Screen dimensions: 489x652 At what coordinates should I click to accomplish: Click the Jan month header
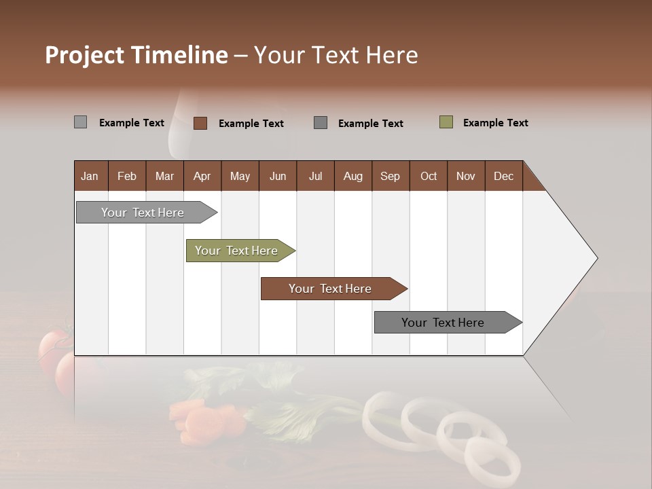pos(90,176)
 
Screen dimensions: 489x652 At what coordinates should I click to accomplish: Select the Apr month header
pos(202,176)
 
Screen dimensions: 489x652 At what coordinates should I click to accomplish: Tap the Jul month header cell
pos(315,176)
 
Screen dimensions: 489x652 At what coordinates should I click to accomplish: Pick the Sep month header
pos(391,176)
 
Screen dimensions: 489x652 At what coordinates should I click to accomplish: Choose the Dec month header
pos(503,176)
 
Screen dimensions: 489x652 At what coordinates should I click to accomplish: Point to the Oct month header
pos(429,176)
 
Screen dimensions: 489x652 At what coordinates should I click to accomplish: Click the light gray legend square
pos(81,122)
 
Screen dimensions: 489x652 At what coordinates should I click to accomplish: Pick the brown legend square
pos(200,123)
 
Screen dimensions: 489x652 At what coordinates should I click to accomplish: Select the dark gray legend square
pos(321,123)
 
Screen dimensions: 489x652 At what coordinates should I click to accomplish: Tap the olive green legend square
pos(446,122)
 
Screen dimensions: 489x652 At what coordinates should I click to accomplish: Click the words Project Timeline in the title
pos(136,55)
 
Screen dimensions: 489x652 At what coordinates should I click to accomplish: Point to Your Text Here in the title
pos(336,55)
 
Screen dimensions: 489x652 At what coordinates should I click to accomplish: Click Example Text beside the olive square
pos(495,123)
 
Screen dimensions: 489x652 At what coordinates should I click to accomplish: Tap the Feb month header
pos(127,176)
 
